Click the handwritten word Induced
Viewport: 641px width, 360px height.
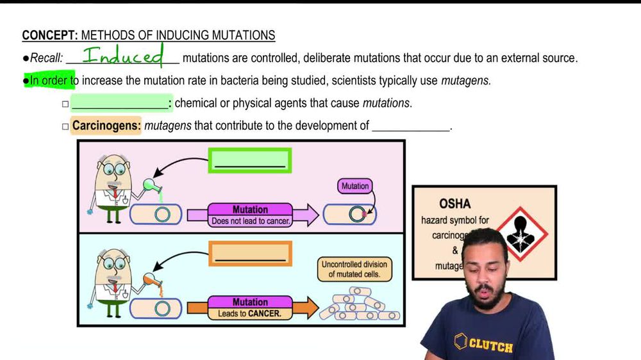(x=123, y=56)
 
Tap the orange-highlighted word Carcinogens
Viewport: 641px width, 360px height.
(x=106, y=126)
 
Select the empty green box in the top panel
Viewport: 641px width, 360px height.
(x=249, y=161)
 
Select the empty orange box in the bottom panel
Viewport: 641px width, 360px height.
(x=249, y=254)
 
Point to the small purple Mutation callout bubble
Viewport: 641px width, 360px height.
(x=354, y=186)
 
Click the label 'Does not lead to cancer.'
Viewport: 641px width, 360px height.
(x=250, y=222)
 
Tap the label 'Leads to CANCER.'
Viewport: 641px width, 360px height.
(x=249, y=314)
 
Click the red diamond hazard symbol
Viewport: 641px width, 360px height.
(x=522, y=234)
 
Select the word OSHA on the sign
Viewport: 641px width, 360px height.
(x=454, y=204)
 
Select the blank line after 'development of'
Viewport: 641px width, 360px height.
(x=410, y=126)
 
